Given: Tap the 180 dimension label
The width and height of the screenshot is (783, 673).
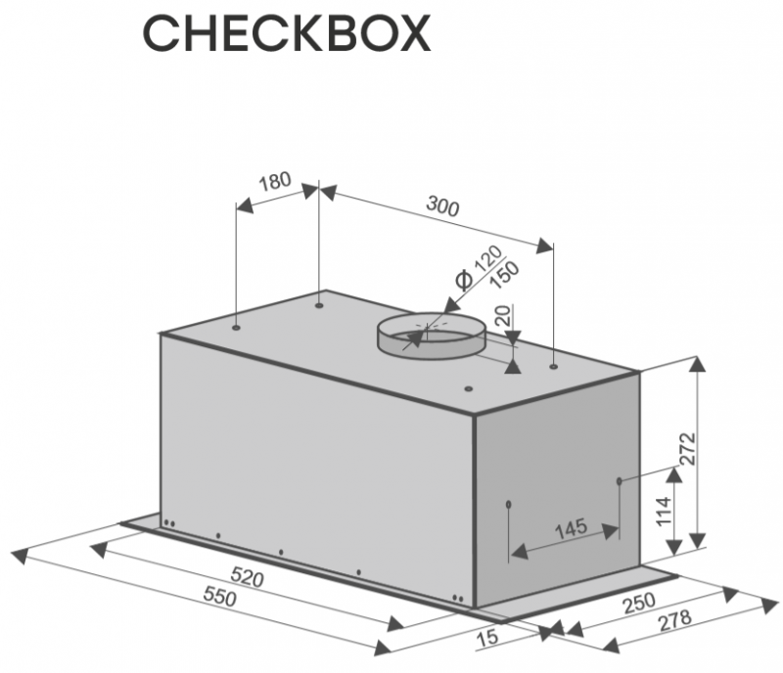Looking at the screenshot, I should point(276,182).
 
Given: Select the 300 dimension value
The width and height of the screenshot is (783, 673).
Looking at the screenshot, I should point(442,207).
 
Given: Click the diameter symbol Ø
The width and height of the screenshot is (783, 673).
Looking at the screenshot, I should point(464,280).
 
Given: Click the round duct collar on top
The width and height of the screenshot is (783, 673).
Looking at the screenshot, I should point(430,336).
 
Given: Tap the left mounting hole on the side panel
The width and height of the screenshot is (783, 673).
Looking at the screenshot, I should point(509,505).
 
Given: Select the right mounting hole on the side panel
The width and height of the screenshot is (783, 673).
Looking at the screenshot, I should point(621,480).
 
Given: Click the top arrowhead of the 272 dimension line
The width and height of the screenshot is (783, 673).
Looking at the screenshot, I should point(696,365).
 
